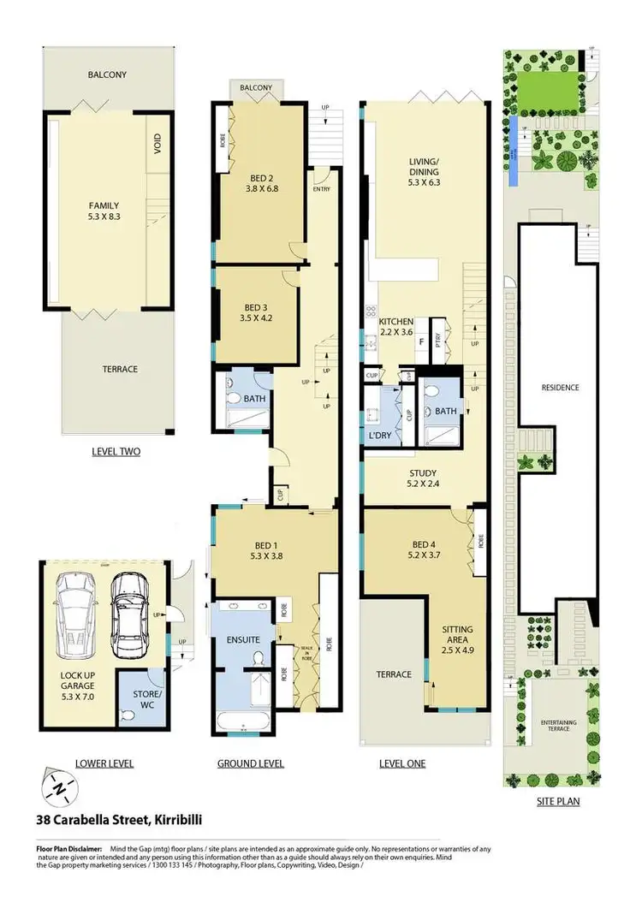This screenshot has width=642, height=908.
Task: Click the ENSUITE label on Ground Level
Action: pos(242,638)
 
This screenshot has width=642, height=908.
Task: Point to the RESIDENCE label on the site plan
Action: pos(561,388)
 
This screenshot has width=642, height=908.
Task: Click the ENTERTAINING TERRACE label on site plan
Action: pos(557,726)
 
